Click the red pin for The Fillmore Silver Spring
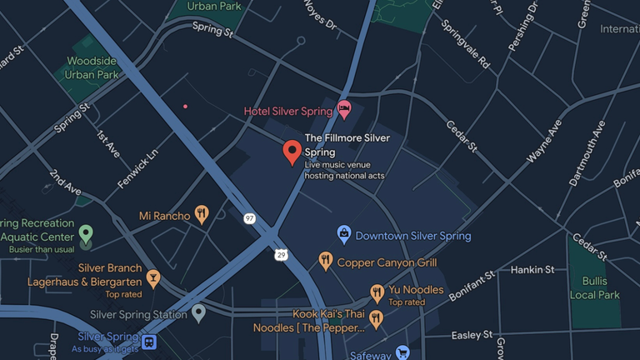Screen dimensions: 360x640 point(292,152)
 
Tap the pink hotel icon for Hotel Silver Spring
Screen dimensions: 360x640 point(344,109)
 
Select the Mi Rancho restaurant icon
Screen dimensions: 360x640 point(201,215)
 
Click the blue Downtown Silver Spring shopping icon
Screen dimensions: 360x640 point(343,235)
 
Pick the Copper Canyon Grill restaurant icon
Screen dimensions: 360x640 point(326,262)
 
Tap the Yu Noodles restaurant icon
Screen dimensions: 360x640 point(377,292)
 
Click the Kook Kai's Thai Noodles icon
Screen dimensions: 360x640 point(376,318)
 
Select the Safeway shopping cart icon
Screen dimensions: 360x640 point(402,352)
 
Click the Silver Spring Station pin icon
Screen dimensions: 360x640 point(198,313)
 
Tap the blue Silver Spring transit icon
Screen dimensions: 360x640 point(149,342)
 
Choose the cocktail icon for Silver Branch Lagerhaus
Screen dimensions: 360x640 point(152,277)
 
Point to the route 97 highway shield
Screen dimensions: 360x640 point(249,218)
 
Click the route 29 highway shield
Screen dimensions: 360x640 point(282,254)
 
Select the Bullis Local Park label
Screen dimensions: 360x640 point(595,288)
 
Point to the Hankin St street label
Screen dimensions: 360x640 point(532,270)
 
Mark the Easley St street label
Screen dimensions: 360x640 point(472,335)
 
